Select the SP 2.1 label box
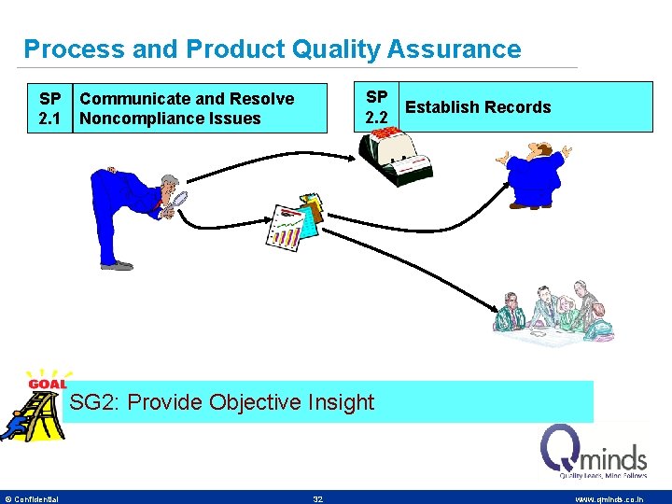(50, 108)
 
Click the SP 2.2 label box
(377, 107)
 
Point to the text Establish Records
(478, 107)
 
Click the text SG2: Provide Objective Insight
(222, 402)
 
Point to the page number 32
(318, 499)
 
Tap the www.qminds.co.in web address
(609, 499)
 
